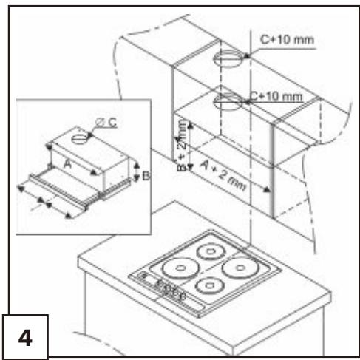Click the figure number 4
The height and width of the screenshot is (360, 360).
[25, 338]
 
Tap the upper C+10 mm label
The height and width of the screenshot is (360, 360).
[287, 40]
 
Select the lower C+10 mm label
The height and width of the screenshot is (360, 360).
[276, 96]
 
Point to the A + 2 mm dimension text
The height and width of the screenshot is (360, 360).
[223, 175]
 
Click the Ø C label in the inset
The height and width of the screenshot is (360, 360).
[106, 122]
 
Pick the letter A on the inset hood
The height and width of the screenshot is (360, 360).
[67, 163]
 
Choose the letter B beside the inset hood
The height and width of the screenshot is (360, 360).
[146, 176]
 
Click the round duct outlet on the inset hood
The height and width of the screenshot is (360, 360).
[80, 139]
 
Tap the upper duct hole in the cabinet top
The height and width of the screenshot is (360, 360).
[228, 58]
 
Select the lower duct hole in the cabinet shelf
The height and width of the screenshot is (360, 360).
[228, 101]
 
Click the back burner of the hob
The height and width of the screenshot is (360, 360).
[211, 251]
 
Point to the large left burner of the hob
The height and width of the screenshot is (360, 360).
[180, 268]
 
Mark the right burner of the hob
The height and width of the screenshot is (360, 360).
[240, 268]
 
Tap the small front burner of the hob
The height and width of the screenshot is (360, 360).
[209, 285]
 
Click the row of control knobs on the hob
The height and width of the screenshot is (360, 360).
[170, 290]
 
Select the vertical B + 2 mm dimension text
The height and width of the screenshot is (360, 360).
[182, 146]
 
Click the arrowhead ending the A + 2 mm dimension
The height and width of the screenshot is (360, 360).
[266, 189]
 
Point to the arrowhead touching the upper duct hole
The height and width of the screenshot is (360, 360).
[246, 56]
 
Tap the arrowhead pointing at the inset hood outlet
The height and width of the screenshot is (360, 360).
[90, 135]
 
